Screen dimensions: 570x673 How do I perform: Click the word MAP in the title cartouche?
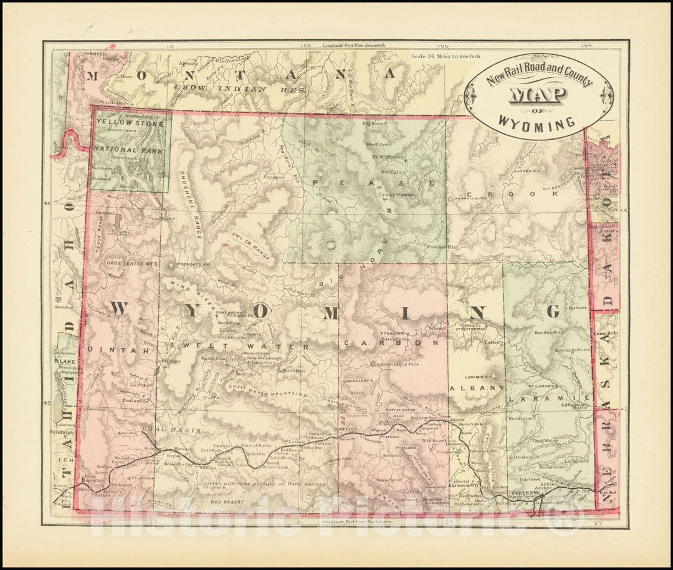(x=538, y=95)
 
